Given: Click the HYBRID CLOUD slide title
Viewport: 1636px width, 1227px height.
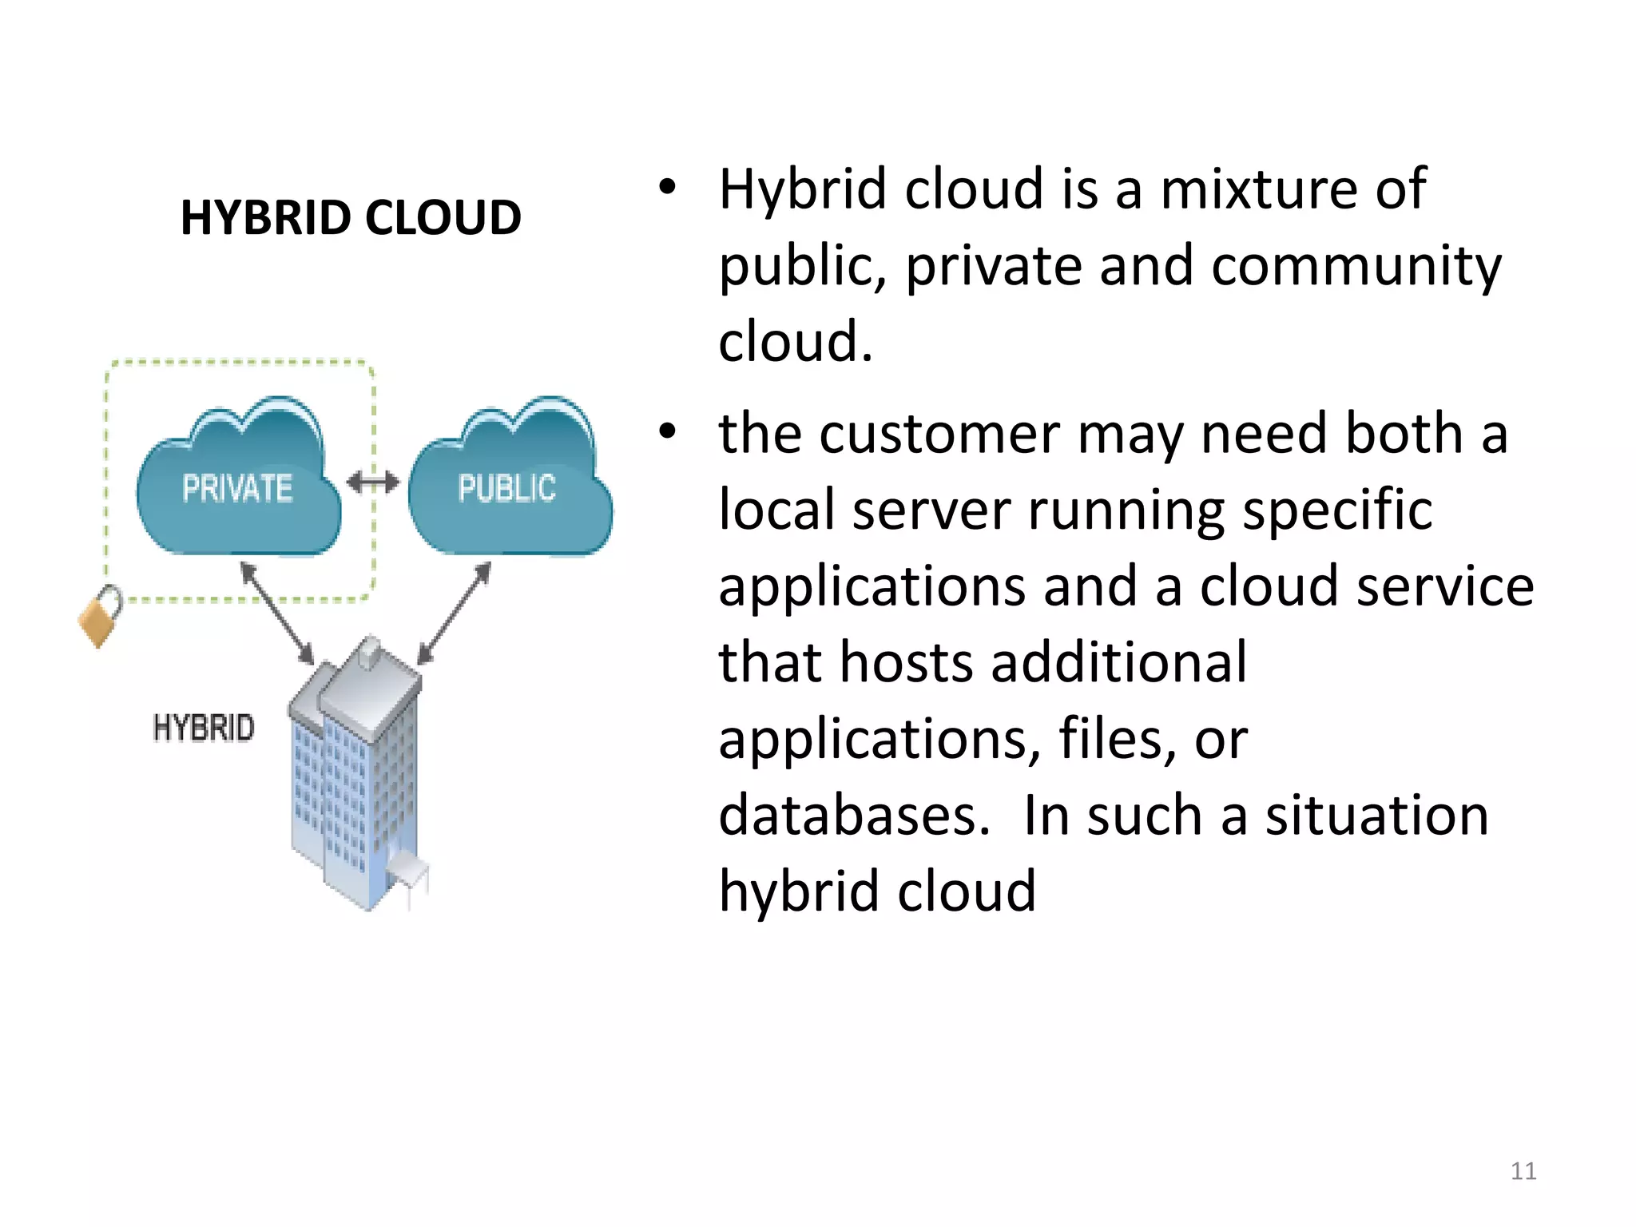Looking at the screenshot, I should coord(351,217).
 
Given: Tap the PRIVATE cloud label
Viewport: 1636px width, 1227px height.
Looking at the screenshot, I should coord(237,488).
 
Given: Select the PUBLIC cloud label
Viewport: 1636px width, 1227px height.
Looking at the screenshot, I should coord(506,488).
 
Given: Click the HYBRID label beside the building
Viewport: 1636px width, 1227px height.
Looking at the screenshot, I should coord(204,728).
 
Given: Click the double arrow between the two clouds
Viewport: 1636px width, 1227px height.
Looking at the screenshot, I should coord(373,482).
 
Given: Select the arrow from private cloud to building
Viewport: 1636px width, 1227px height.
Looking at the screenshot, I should coord(277,613).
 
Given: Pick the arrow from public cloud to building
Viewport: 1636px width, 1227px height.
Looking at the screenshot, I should coord(455,613).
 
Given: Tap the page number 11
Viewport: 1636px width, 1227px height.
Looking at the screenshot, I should coord(1523,1171).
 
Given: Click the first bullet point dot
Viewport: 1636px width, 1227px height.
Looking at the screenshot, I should coord(667,189).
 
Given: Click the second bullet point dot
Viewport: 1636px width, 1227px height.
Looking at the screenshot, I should coord(667,432).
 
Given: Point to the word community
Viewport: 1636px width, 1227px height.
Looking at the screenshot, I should coord(1356,267).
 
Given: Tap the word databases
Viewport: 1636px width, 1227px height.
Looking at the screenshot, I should coord(854,816).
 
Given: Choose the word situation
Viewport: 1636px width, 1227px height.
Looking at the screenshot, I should coord(1376,816).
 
